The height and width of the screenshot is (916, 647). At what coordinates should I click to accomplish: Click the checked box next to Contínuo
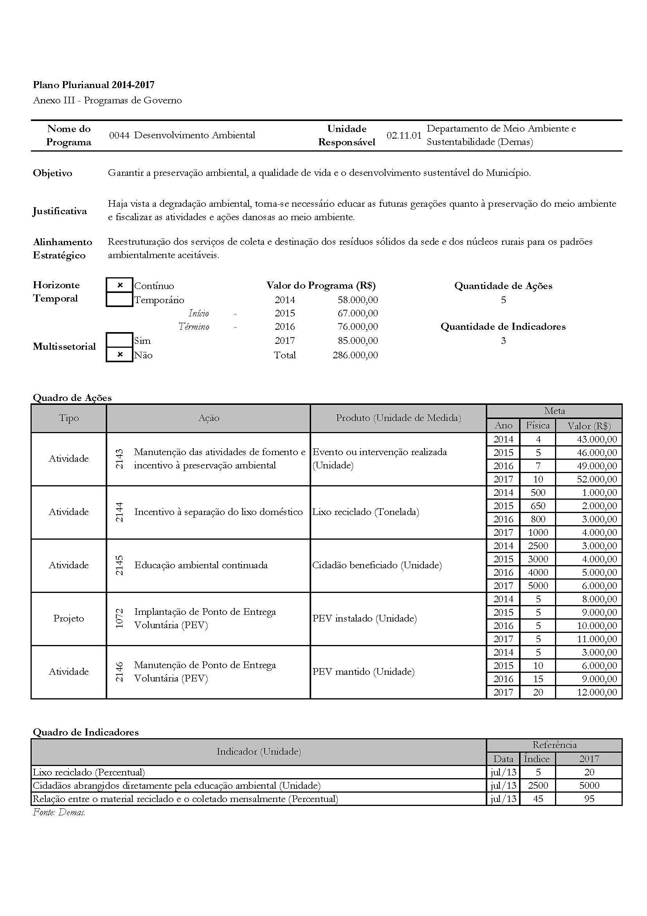tap(120, 285)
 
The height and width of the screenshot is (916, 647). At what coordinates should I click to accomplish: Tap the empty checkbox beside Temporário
tap(120, 300)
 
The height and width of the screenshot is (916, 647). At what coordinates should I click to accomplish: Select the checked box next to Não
tap(120, 355)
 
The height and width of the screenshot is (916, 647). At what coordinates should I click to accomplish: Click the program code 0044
tap(119, 135)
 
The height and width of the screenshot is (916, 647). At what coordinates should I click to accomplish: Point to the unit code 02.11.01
tap(404, 135)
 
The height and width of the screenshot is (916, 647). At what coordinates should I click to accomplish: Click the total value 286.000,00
tap(355, 355)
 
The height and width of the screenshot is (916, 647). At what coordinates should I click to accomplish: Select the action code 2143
tap(119, 459)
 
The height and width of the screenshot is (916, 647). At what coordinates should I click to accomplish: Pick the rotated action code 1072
tap(119, 618)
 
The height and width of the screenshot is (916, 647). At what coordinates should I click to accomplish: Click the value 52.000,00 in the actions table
tap(597, 479)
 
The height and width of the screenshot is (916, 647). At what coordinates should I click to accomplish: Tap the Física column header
tap(537, 426)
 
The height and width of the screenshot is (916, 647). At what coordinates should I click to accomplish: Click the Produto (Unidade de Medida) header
tap(398, 418)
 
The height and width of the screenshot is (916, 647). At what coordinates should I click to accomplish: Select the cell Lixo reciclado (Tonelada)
tap(366, 512)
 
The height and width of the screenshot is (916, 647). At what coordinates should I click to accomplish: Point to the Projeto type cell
tap(68, 618)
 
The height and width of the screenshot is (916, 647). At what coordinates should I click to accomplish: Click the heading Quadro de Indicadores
tap(86, 732)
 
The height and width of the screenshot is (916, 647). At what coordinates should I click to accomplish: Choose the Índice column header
tap(537, 759)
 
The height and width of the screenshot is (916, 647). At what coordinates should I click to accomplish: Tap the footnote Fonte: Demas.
tap(59, 812)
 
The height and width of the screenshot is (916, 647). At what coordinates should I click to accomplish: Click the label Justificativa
tap(60, 211)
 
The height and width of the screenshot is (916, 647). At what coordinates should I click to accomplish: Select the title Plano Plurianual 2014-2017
tap(94, 85)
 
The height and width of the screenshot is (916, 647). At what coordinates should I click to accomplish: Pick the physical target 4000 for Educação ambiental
tap(538, 573)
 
